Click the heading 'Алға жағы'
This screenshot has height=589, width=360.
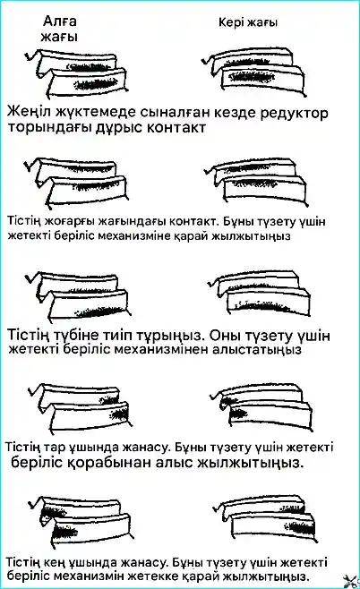(59, 29)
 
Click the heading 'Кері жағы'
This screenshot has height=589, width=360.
(248, 22)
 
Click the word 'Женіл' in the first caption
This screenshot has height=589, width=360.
(29, 112)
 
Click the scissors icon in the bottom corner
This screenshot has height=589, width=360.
(351, 580)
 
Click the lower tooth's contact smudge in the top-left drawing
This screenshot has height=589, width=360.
(96, 84)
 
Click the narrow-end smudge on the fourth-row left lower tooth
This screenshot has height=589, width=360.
(119, 414)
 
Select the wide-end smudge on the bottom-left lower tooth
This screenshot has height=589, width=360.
(62, 532)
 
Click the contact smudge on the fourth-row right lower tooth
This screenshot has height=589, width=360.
(237, 414)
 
